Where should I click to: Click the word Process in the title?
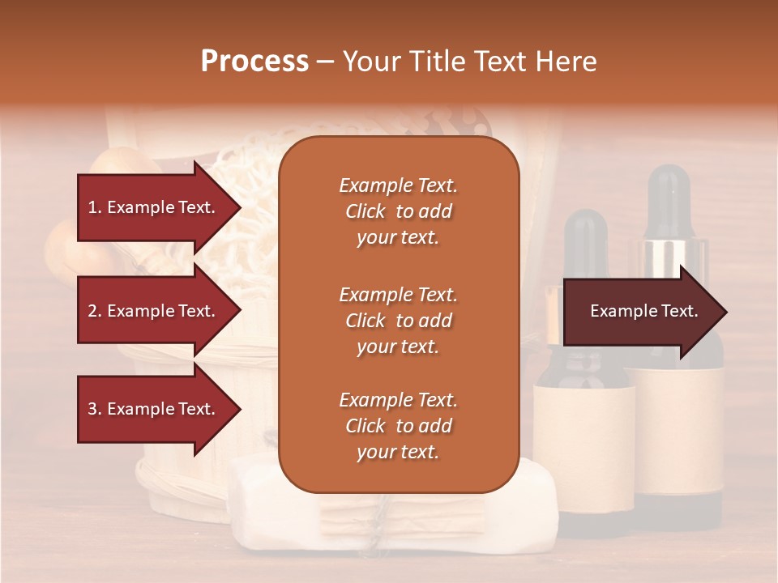(x=254, y=61)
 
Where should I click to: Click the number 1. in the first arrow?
(x=95, y=207)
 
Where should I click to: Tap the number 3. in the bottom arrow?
(x=95, y=409)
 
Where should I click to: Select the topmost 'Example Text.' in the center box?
(x=398, y=185)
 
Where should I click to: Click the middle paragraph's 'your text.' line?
(x=398, y=347)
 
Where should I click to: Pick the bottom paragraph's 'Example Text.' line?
(x=398, y=400)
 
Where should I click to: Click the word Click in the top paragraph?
(x=365, y=211)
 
